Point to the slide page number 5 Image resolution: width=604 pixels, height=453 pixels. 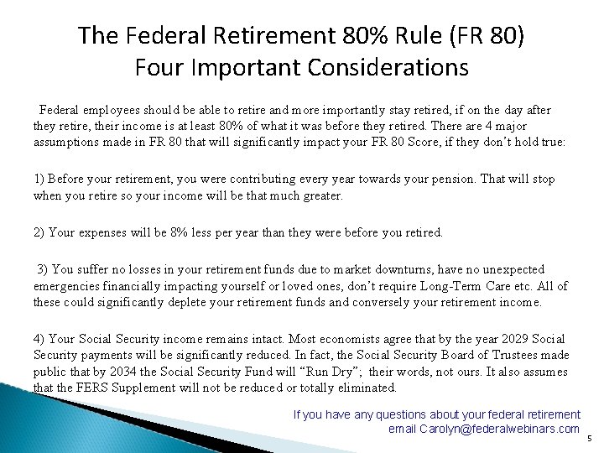[x=589, y=438]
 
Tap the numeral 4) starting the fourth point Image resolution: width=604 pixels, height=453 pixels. [x=39, y=339]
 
